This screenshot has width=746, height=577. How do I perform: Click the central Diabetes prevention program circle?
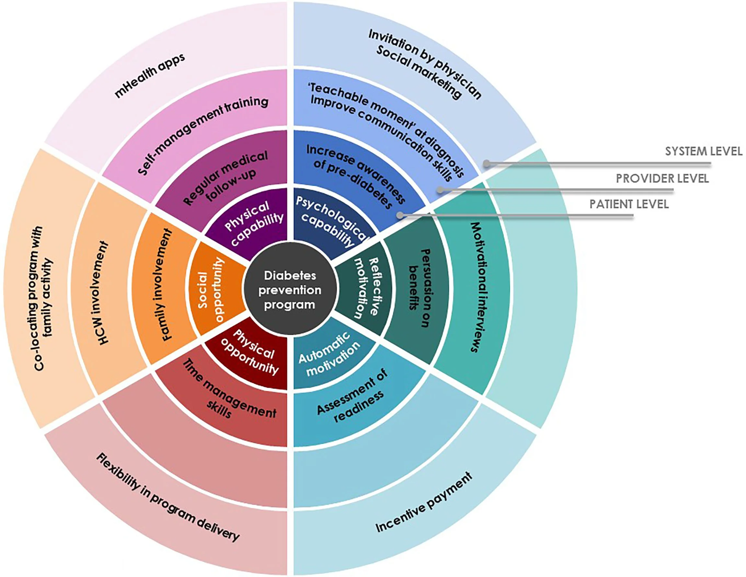(290, 290)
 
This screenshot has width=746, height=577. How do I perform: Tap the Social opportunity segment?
(212, 290)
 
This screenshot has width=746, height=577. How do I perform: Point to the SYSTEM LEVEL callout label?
(703, 151)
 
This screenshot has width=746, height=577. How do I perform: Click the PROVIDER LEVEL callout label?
(662, 178)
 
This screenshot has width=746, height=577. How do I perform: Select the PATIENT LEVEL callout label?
(629, 204)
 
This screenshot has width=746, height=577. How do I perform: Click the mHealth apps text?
(150, 76)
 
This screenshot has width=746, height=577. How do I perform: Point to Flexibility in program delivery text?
(167, 498)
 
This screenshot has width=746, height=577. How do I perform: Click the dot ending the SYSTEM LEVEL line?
(487, 164)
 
